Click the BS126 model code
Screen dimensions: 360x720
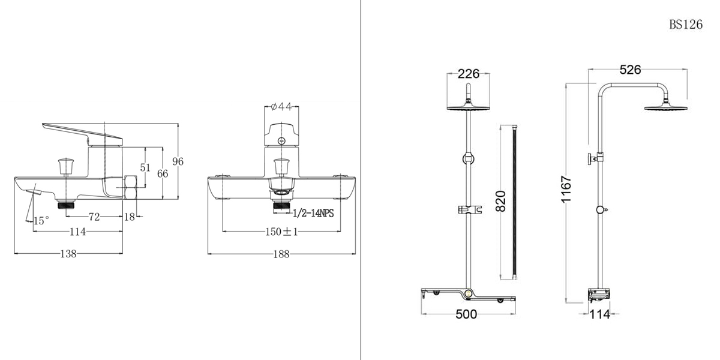(686, 25)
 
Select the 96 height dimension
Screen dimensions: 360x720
(178, 161)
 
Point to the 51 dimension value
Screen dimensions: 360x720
(145, 167)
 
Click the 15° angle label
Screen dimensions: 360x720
(41, 221)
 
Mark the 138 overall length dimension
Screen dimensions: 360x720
(68, 254)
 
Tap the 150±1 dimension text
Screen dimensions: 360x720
(281, 232)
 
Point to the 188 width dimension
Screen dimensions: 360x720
(281, 254)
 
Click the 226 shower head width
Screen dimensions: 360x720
(469, 74)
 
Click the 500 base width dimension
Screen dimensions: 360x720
(466, 314)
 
